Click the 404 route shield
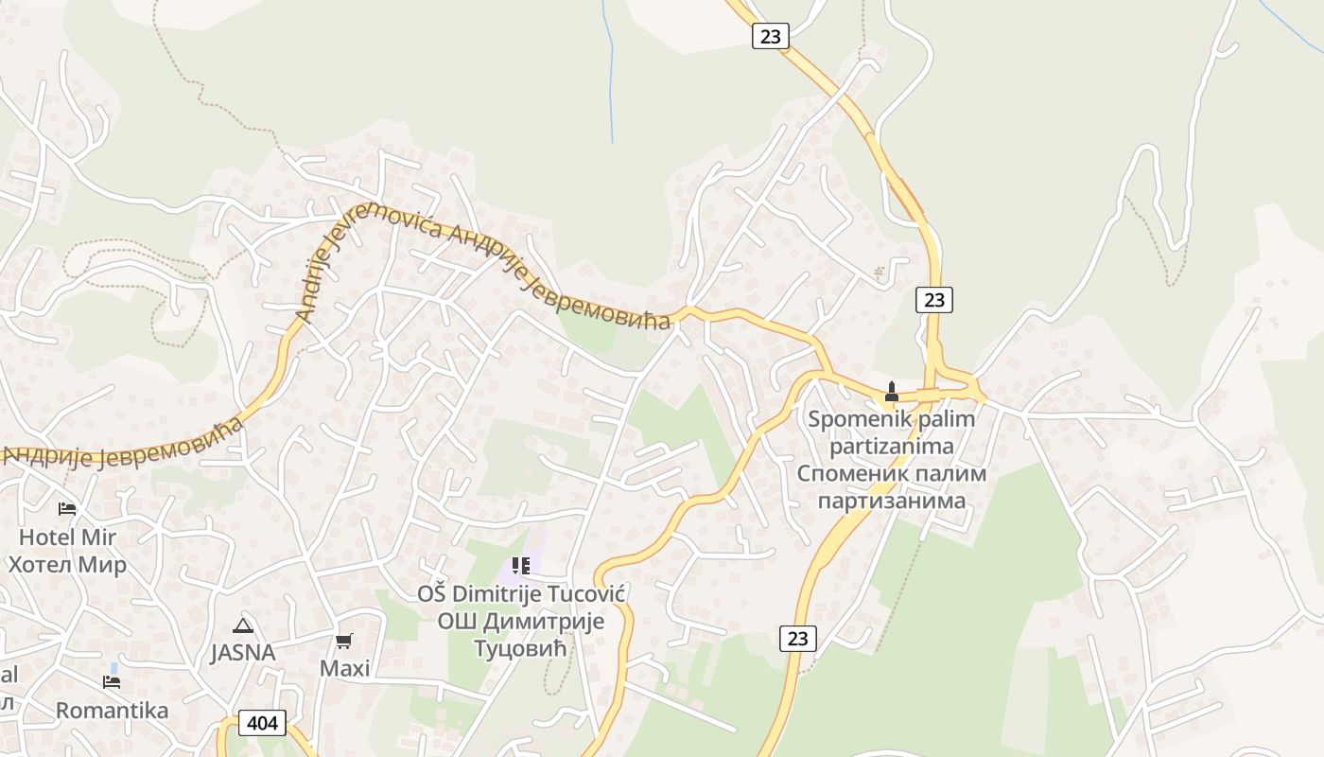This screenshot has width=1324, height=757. [x=262, y=724]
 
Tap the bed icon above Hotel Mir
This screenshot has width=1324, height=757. [x=67, y=509]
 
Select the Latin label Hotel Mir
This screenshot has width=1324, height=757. [x=68, y=537]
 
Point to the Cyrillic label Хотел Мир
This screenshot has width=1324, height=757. [x=68, y=566]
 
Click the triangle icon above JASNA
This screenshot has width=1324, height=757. [x=243, y=625]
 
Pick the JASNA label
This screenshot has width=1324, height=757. [x=243, y=653]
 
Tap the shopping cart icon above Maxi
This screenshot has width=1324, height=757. [x=344, y=641]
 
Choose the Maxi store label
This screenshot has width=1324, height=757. [x=344, y=669]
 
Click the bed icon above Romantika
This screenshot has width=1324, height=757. [x=112, y=681]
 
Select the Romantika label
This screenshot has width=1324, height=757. [x=112, y=710]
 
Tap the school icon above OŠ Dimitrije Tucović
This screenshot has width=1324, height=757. [x=520, y=566]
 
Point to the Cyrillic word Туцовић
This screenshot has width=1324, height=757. [x=519, y=649]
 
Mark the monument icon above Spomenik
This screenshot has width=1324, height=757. [x=891, y=391]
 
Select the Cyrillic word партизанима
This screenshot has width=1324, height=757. [x=892, y=500]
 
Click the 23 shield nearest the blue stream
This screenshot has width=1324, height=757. [x=771, y=36]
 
